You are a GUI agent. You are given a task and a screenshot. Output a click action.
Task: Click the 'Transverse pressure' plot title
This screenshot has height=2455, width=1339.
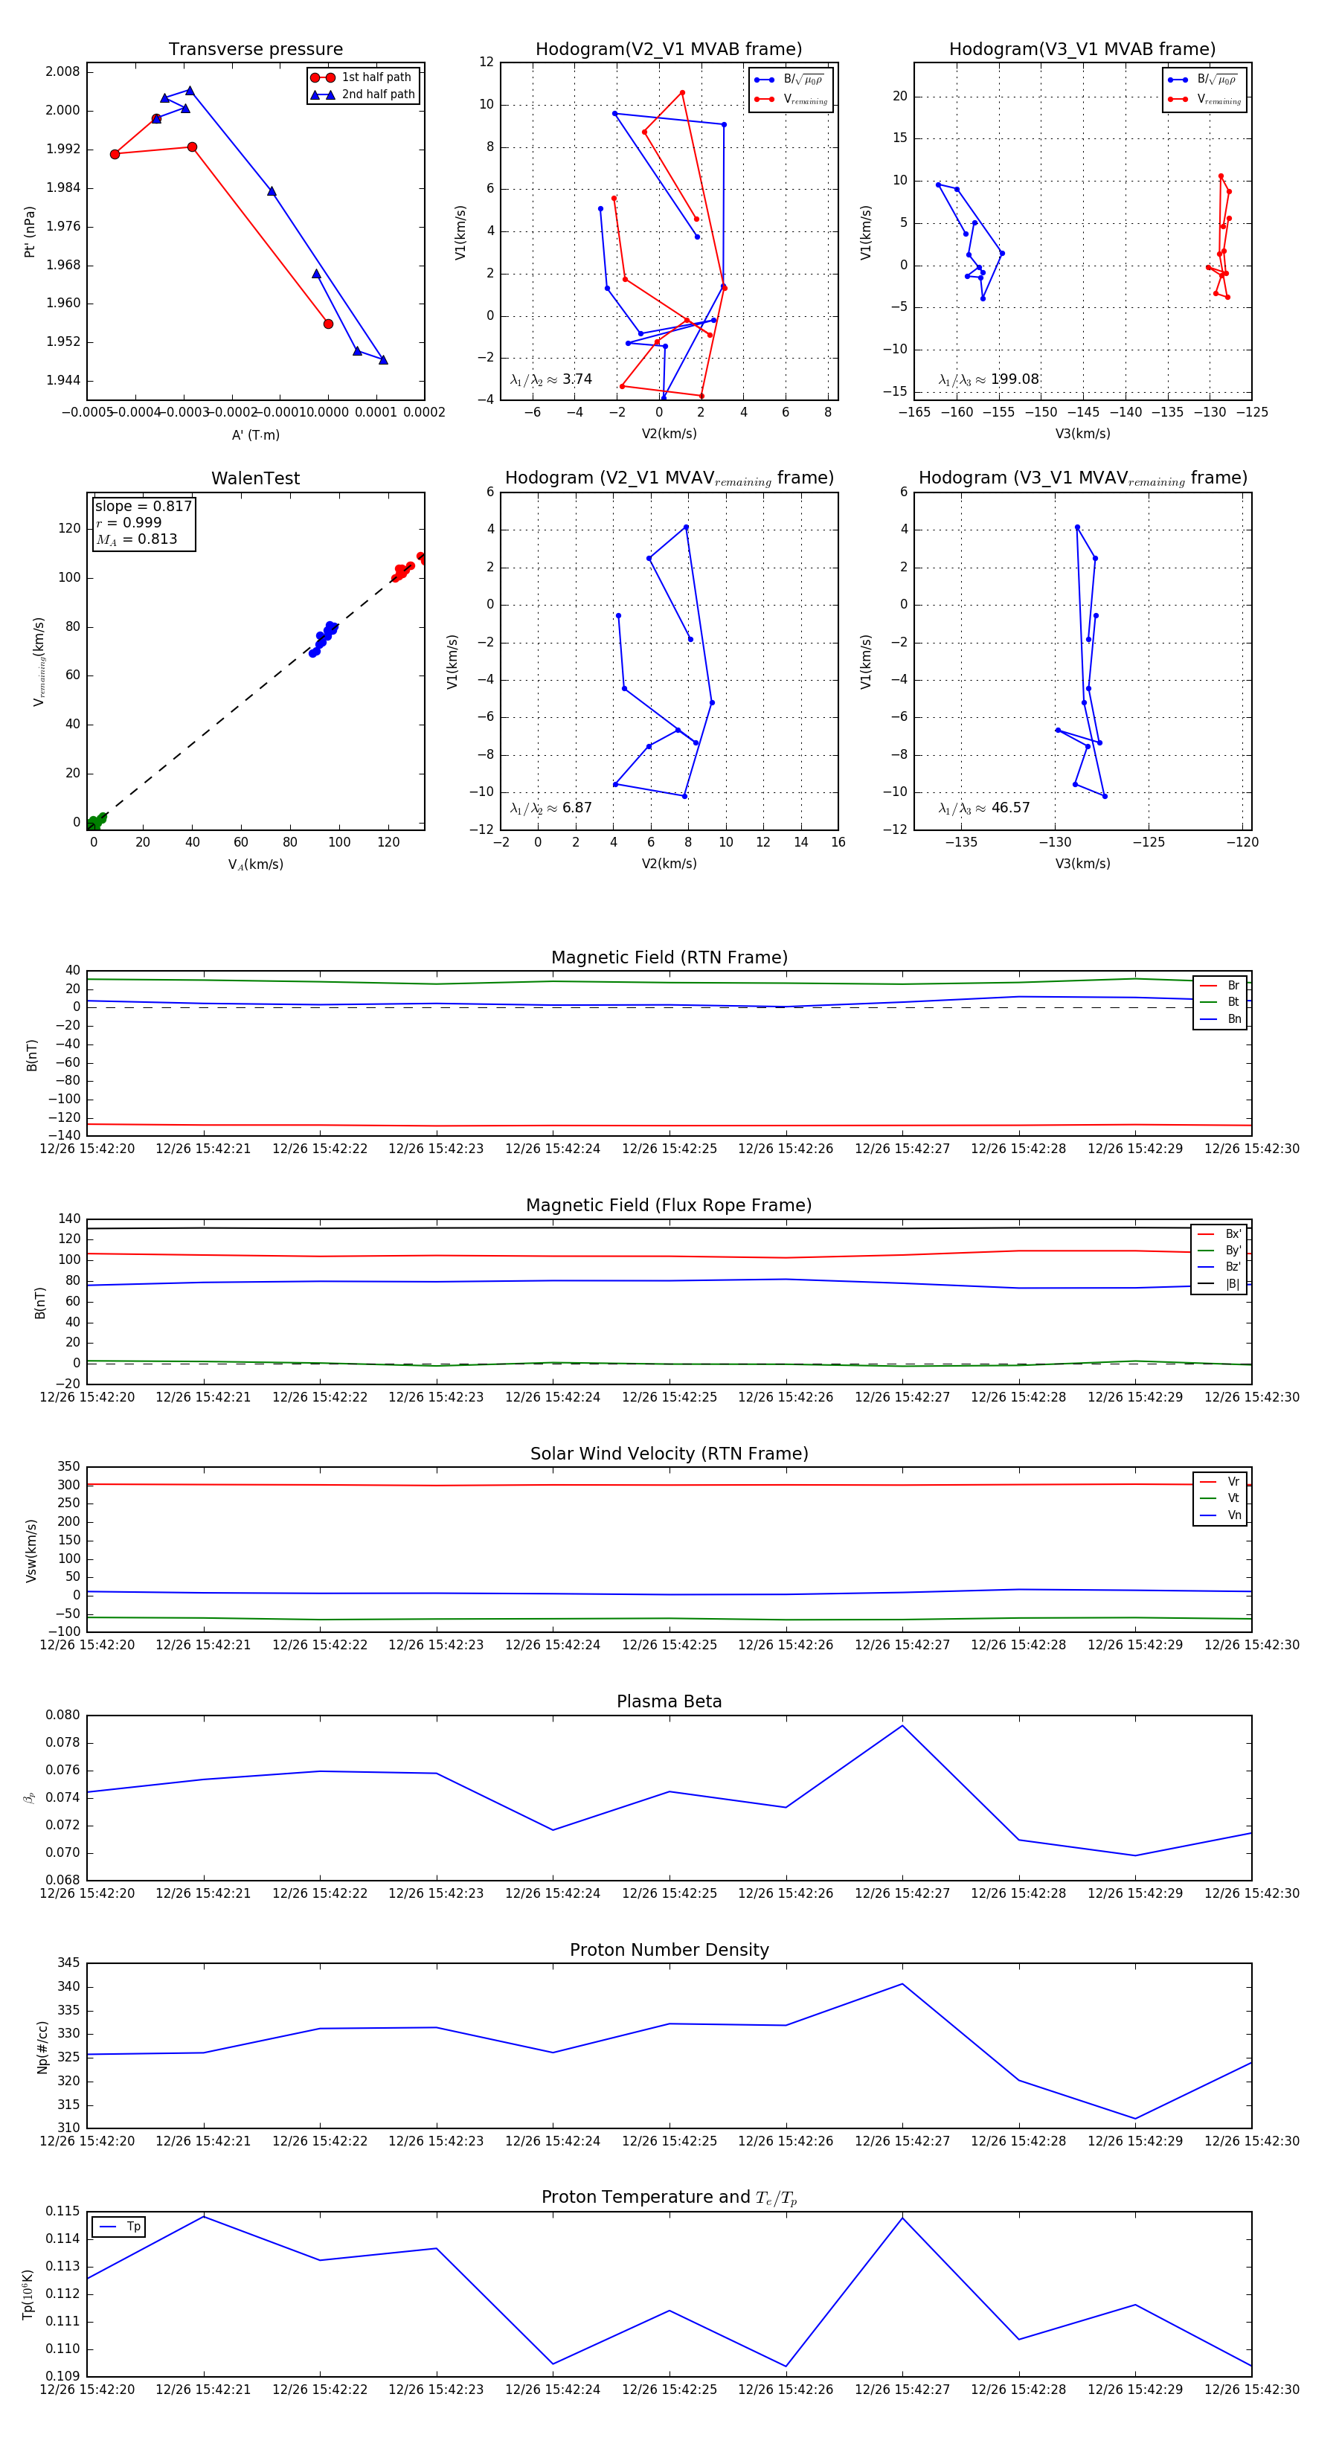point(255,50)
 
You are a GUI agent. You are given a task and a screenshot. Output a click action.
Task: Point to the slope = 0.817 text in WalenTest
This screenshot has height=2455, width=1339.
point(143,506)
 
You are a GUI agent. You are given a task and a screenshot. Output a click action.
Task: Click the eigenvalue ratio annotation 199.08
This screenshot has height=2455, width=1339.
point(989,379)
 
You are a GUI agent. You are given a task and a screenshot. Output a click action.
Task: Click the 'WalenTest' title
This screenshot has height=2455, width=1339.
point(255,478)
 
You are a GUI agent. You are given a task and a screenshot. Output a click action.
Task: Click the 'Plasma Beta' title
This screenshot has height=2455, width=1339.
point(669,1701)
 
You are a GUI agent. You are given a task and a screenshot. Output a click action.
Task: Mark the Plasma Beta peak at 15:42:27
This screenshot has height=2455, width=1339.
point(902,1726)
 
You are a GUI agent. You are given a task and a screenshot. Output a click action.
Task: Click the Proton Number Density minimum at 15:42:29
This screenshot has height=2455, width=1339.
point(1135,2119)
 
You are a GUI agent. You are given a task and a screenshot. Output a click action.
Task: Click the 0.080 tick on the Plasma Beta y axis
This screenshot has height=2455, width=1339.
point(63,1716)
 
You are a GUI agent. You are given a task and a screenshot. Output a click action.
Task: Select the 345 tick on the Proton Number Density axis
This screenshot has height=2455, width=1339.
point(68,1963)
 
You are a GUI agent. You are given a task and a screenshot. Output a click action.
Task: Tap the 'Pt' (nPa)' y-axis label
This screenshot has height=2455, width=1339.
point(30,231)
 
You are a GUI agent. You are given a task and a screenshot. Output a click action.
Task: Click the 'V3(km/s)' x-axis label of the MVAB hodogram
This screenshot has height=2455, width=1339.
point(1082,434)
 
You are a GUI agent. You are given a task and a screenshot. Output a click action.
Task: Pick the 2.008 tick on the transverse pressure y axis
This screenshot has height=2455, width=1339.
point(63,71)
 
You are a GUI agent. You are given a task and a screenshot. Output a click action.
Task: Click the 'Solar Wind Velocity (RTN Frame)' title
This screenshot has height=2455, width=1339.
point(669,1454)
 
